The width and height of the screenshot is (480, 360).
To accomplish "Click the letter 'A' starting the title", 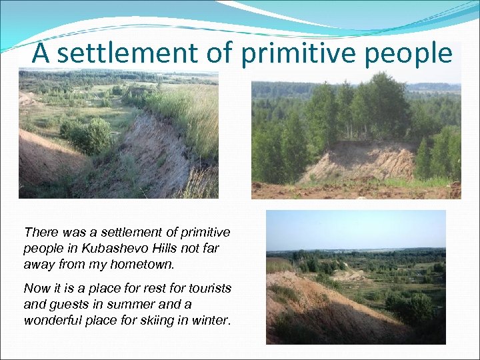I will [41, 53].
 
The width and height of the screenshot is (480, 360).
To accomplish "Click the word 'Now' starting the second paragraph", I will [35, 289].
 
